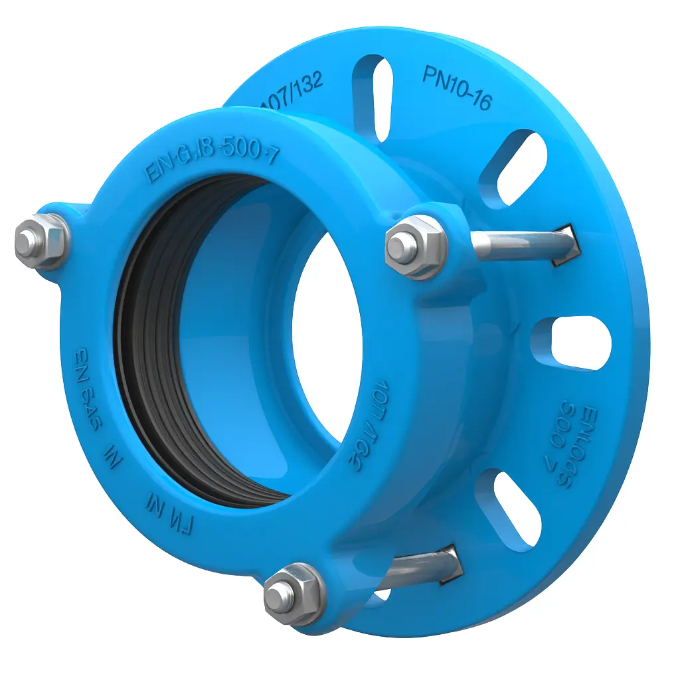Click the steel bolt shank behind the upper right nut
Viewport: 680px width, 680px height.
pyautogui.click(x=511, y=243)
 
